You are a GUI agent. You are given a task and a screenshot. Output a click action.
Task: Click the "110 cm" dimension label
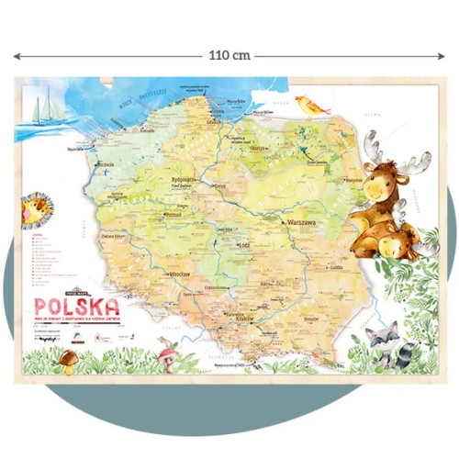coord(229,56)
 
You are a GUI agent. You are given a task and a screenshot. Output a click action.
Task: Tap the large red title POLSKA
coord(78,305)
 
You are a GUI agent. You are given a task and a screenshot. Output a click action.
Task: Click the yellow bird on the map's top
coord(313,106)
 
